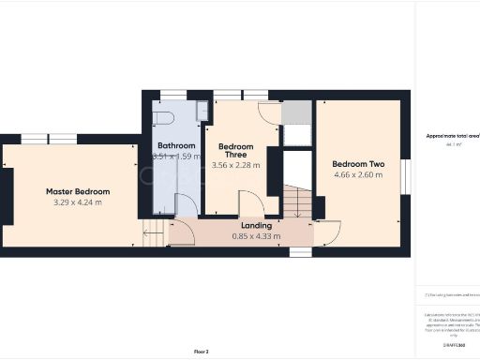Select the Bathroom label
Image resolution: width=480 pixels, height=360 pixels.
point(176,146)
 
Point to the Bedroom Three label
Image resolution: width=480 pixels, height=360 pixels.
point(236,152)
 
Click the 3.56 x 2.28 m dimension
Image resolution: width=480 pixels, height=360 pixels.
point(236,165)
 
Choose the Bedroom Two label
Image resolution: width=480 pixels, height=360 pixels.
point(357,163)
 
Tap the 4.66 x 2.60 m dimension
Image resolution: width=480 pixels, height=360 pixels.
point(357,175)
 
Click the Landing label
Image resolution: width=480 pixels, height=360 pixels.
point(255,226)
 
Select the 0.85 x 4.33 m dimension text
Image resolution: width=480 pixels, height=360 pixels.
point(255,237)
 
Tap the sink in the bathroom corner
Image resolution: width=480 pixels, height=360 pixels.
point(202,111)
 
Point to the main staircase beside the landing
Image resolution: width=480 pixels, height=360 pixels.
point(298,202)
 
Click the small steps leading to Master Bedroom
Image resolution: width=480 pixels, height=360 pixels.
point(152,232)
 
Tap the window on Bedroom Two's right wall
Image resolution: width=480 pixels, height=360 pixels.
point(405,172)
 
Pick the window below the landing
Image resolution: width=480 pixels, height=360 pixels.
point(300,252)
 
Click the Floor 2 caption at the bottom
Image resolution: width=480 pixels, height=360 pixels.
point(201,352)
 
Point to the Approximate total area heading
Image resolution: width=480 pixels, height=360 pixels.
point(450,136)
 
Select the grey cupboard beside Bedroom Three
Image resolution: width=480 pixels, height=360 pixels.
point(296,113)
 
